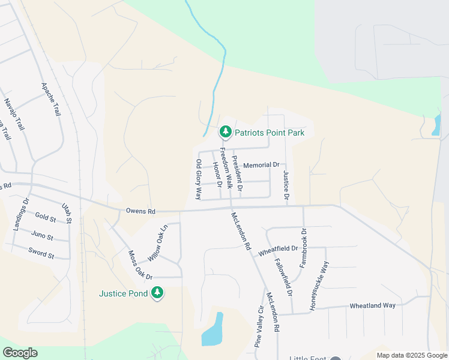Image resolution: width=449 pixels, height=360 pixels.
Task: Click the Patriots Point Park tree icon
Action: tap(225, 131)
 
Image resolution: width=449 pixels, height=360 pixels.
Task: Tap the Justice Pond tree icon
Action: tap(158, 293)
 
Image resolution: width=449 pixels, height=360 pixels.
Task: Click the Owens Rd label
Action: tap(140, 211)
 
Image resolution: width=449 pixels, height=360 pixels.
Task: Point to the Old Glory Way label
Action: tap(199, 179)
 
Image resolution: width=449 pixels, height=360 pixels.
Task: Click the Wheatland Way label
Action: tap(372, 305)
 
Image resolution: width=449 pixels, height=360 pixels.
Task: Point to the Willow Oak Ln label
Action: tap(158, 242)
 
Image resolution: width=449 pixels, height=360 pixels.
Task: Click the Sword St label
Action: tap(42, 255)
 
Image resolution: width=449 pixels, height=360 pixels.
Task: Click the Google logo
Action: tap(20, 352)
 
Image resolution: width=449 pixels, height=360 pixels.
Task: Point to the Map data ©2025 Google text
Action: tap(411, 355)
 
